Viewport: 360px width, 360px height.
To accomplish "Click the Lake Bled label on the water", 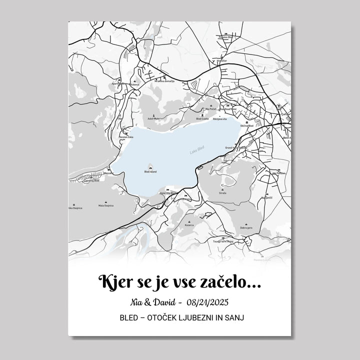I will pyautogui.click(x=196, y=150).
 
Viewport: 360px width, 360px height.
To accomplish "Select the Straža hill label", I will pyautogui.click(x=222, y=193).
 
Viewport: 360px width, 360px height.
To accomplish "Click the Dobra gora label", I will pyautogui.click(x=245, y=227).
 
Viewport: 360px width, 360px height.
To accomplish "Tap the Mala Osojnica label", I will pyautogui.click(x=106, y=206).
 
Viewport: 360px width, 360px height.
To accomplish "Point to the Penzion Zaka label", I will pyautogui.click(x=126, y=136).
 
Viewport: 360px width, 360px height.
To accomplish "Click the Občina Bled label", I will pyautogui.click(x=247, y=126).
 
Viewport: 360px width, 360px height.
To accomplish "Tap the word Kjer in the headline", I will pyautogui.click(x=114, y=282).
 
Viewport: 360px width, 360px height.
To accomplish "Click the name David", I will pyautogui.click(x=163, y=302).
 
